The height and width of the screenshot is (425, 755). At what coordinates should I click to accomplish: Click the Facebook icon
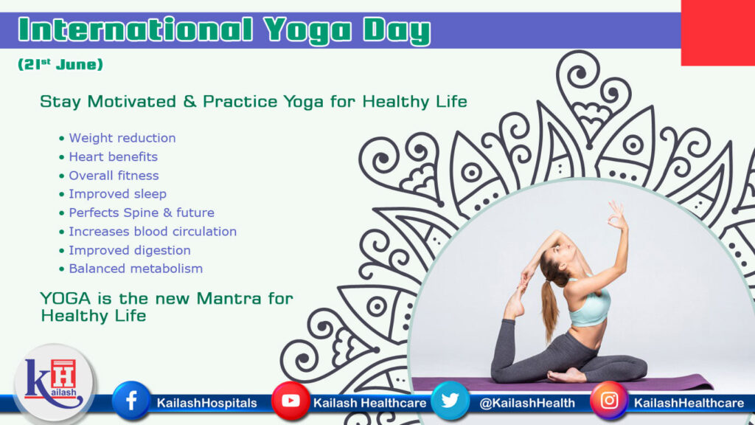131,401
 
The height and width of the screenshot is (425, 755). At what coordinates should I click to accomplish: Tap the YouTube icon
290,401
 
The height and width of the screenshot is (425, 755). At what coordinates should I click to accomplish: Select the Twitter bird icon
450,401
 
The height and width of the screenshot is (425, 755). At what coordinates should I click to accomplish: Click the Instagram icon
609,401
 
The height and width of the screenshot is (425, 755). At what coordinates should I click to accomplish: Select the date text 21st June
60,65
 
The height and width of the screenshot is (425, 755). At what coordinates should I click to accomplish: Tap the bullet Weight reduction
122,138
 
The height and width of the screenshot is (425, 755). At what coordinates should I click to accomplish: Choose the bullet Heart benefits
113,156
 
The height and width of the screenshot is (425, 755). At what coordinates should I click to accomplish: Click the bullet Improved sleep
117,194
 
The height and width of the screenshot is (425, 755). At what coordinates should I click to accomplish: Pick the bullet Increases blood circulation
153,231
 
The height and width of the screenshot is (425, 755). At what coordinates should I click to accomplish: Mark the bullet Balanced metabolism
135,269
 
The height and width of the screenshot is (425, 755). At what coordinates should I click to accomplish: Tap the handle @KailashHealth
527,403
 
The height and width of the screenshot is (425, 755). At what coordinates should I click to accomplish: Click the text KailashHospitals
206,403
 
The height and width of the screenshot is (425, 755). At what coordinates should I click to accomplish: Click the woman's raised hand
616,216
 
